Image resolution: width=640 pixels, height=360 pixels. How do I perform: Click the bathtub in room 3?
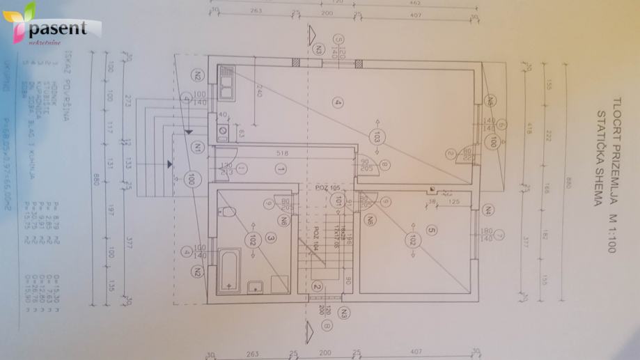click(x=230, y=271)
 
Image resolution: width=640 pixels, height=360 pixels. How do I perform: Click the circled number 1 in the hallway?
click(x=281, y=169)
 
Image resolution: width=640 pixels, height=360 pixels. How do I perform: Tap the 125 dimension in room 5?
click(x=453, y=203)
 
